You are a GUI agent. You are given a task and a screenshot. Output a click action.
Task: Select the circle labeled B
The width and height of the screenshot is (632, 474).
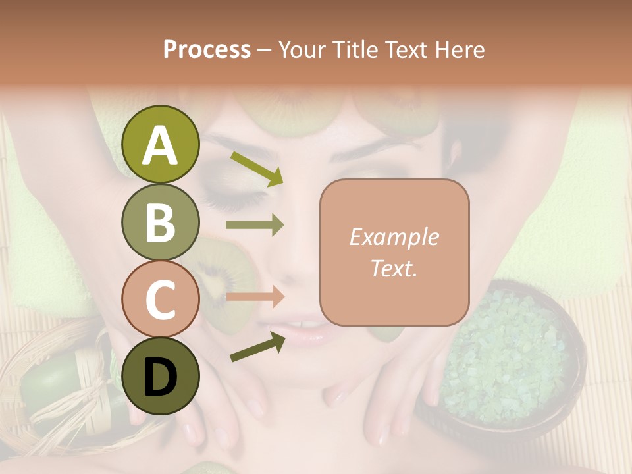[160, 223]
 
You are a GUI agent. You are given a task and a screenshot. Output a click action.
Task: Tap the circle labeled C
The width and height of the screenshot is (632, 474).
[160, 299]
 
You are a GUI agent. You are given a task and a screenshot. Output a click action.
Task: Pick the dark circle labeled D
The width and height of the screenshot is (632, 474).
[160, 376]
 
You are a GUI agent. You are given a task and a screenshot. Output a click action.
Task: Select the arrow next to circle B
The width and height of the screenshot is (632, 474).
[255, 225]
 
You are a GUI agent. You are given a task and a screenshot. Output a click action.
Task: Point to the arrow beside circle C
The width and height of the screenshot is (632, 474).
[255, 297]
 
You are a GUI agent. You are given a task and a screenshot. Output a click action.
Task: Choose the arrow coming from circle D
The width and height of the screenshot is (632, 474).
[257, 347]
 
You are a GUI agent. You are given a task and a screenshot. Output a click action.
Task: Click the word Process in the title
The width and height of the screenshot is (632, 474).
[207, 49]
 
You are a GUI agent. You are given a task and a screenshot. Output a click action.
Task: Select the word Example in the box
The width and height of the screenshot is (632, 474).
[394, 237]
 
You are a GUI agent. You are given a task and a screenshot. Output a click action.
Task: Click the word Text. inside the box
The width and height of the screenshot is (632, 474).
[394, 268]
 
